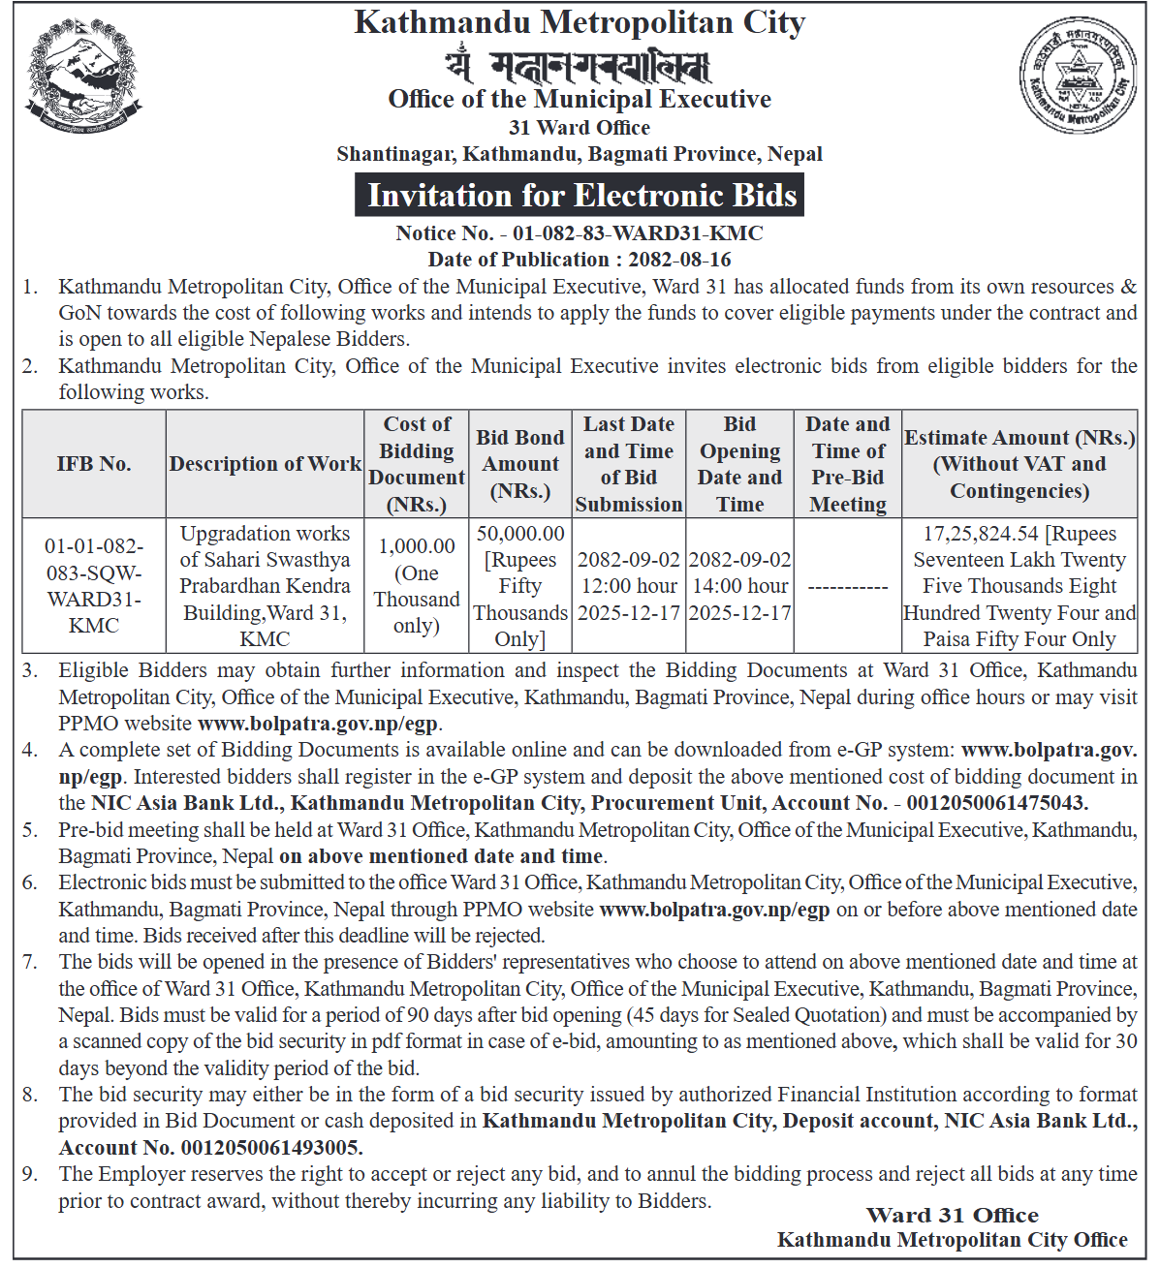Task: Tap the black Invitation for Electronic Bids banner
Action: pyautogui.click(x=580, y=195)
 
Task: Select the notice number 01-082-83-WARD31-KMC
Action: pyautogui.click(x=638, y=233)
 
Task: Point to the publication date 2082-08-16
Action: pyautogui.click(x=679, y=260)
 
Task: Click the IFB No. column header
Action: pyautogui.click(x=94, y=464)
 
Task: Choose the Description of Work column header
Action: pyautogui.click(x=265, y=464)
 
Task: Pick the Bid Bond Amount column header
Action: pyautogui.click(x=520, y=464)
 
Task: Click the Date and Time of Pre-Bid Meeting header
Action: pyautogui.click(x=848, y=464)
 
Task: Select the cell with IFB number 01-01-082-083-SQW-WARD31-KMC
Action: pyautogui.click(x=94, y=585)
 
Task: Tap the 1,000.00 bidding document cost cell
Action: pyautogui.click(x=417, y=546)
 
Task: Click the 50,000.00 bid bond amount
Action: pyautogui.click(x=520, y=534)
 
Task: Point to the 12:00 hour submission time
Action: pyautogui.click(x=629, y=586)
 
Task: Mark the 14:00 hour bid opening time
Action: pyautogui.click(x=739, y=586)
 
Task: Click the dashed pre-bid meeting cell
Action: pyautogui.click(x=848, y=586)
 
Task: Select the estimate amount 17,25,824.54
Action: pyautogui.click(x=980, y=534)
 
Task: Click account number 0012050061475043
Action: pyautogui.click(x=990, y=803)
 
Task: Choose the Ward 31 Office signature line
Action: pyautogui.click(x=952, y=1216)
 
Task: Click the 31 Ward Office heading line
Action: pyautogui.click(x=580, y=128)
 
